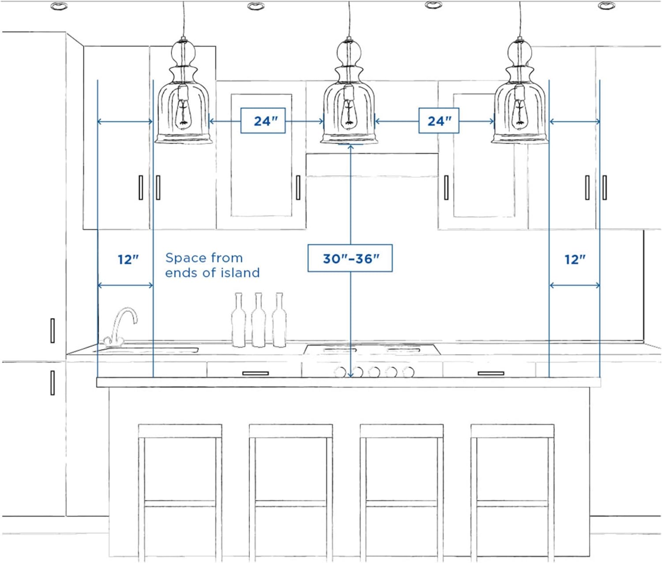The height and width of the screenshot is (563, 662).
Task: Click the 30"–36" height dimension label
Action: click(x=350, y=258)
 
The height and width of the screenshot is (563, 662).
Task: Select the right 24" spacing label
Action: click(x=439, y=121)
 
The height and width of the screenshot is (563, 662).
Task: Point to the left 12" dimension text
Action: click(x=128, y=260)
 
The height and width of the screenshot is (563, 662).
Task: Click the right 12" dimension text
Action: click(x=575, y=260)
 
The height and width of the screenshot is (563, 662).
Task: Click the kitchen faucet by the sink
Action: click(x=120, y=327)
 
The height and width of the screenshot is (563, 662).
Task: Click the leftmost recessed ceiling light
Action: click(x=59, y=6)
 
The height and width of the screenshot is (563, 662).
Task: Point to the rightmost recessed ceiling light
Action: click(x=606, y=5)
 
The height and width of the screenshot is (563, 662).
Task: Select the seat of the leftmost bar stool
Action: click(x=180, y=431)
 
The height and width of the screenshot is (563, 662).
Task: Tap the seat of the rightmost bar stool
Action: click(x=512, y=431)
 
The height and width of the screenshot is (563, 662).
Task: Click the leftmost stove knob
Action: click(x=340, y=372)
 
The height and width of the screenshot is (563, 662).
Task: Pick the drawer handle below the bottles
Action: click(x=255, y=373)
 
